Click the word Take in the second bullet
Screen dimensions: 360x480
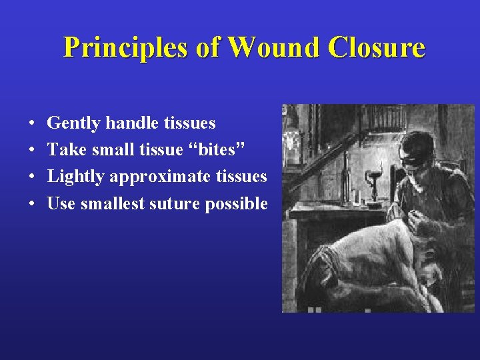[x=65, y=150]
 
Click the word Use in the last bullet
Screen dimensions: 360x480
[x=61, y=203]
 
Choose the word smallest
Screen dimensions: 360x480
[x=112, y=203]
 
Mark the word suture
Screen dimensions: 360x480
[x=175, y=203]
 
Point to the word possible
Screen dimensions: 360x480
[x=237, y=204]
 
